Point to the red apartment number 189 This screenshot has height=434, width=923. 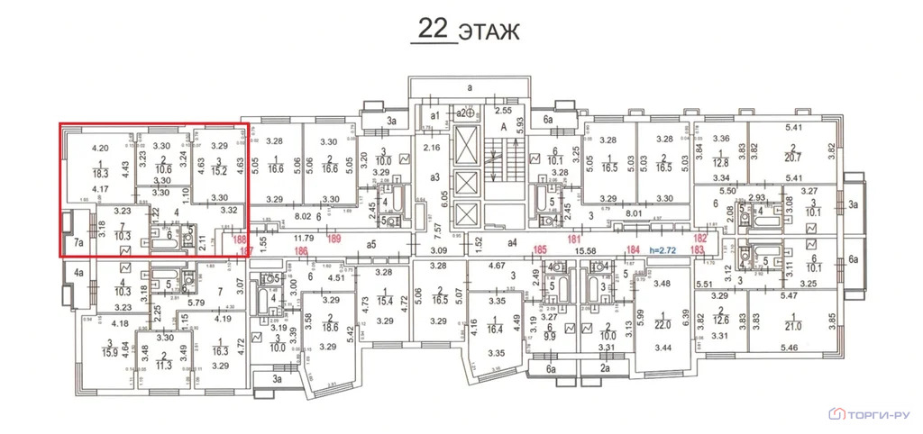[x=334, y=239]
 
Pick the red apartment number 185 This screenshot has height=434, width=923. [x=541, y=249]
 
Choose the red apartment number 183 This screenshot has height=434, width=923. [x=697, y=249]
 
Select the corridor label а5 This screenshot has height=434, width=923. [x=370, y=242]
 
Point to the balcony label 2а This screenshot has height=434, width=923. [x=606, y=368]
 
